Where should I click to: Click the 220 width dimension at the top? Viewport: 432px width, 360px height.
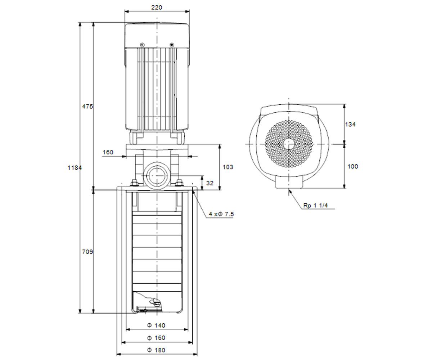coord(157,8)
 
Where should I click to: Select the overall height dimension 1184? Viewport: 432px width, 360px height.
coord(75,168)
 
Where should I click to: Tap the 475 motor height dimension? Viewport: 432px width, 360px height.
coord(87,107)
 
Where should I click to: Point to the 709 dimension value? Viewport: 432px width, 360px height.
coord(87,252)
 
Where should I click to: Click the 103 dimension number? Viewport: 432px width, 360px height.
coord(228,167)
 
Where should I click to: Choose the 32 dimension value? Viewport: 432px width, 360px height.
coord(210,183)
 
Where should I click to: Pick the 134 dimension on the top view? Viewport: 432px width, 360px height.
coord(350,124)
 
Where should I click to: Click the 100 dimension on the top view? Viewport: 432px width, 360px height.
coord(352,166)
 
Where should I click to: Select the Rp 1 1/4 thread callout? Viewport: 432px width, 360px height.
coord(315,206)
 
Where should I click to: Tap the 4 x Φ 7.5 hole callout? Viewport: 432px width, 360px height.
coord(221,214)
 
